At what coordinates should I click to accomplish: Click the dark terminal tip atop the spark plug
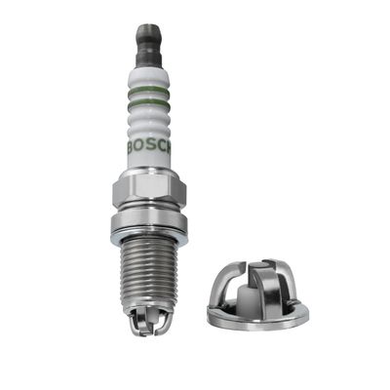[148, 46]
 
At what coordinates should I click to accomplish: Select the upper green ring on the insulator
[149, 90]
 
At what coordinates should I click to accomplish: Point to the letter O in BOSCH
[141, 148]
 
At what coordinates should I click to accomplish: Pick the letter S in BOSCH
[151, 148]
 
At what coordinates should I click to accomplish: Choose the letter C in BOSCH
[161, 148]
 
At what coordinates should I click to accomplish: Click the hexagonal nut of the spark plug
[149, 187]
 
